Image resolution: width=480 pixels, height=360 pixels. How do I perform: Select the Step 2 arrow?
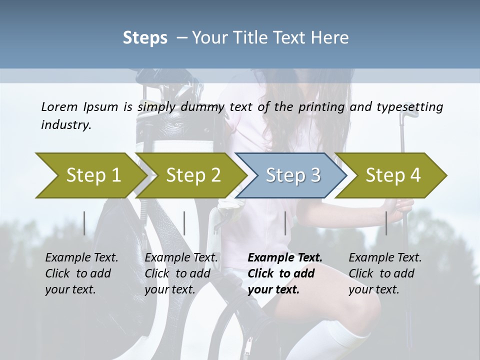(192, 175)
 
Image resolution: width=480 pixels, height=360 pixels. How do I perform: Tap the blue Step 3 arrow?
(292, 175)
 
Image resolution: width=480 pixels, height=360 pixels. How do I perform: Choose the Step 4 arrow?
(392, 175)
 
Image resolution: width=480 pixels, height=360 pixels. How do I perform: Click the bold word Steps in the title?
(145, 38)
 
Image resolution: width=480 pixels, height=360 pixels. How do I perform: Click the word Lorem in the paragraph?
(59, 107)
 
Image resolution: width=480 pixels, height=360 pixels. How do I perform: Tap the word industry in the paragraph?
(66, 125)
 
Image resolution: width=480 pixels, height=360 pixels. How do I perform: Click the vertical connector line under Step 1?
(84, 223)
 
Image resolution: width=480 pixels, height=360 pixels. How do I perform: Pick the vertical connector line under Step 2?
(184, 223)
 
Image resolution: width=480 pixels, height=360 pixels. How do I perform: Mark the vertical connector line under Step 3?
(285, 223)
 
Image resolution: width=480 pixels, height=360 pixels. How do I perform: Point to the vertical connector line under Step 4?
(386, 223)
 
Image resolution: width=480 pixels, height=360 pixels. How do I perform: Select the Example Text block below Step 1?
(81, 273)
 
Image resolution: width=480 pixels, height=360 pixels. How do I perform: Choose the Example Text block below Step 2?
(181, 273)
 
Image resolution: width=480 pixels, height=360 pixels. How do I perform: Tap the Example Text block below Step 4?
(385, 273)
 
